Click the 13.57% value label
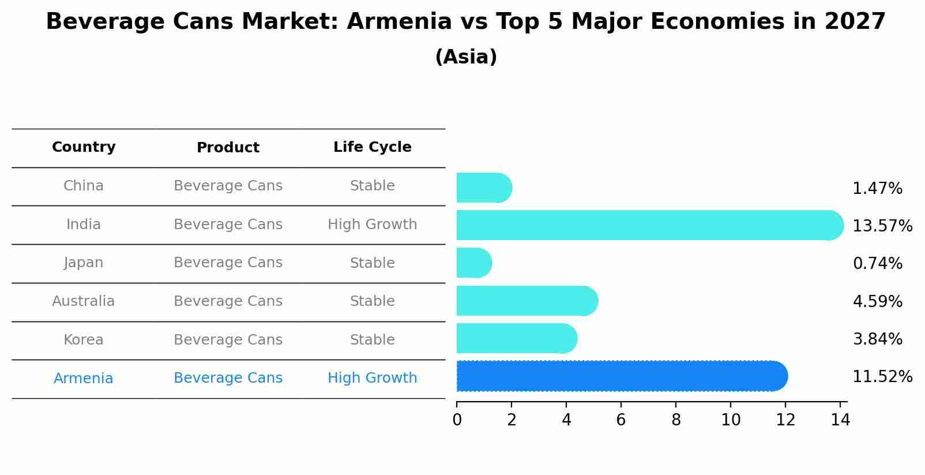pyautogui.click(x=882, y=226)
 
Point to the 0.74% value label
pyautogui.click(x=877, y=264)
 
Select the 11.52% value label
pyautogui.click(x=882, y=377)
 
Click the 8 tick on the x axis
pyautogui.click(x=676, y=420)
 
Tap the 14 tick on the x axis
pyautogui.click(x=840, y=420)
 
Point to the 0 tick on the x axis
pyautogui.click(x=457, y=420)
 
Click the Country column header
pyautogui.click(x=84, y=147)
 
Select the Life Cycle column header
pyautogui.click(x=372, y=147)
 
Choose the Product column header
pyautogui.click(x=228, y=148)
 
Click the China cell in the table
pyautogui.click(x=84, y=186)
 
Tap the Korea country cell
pyautogui.click(x=84, y=340)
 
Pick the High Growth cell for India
pyautogui.click(x=372, y=225)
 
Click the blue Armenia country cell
pyautogui.click(x=84, y=379)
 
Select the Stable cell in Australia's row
pyautogui.click(x=372, y=301)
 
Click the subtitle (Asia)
pyautogui.click(x=466, y=57)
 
